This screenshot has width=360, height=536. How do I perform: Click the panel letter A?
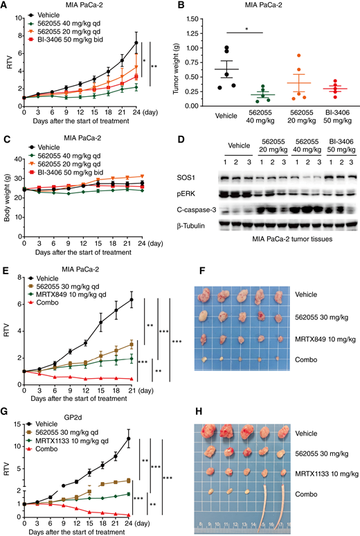(6, 6)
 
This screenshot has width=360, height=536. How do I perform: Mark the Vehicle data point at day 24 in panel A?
(136, 43)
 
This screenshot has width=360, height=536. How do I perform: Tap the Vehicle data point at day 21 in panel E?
(131, 300)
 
